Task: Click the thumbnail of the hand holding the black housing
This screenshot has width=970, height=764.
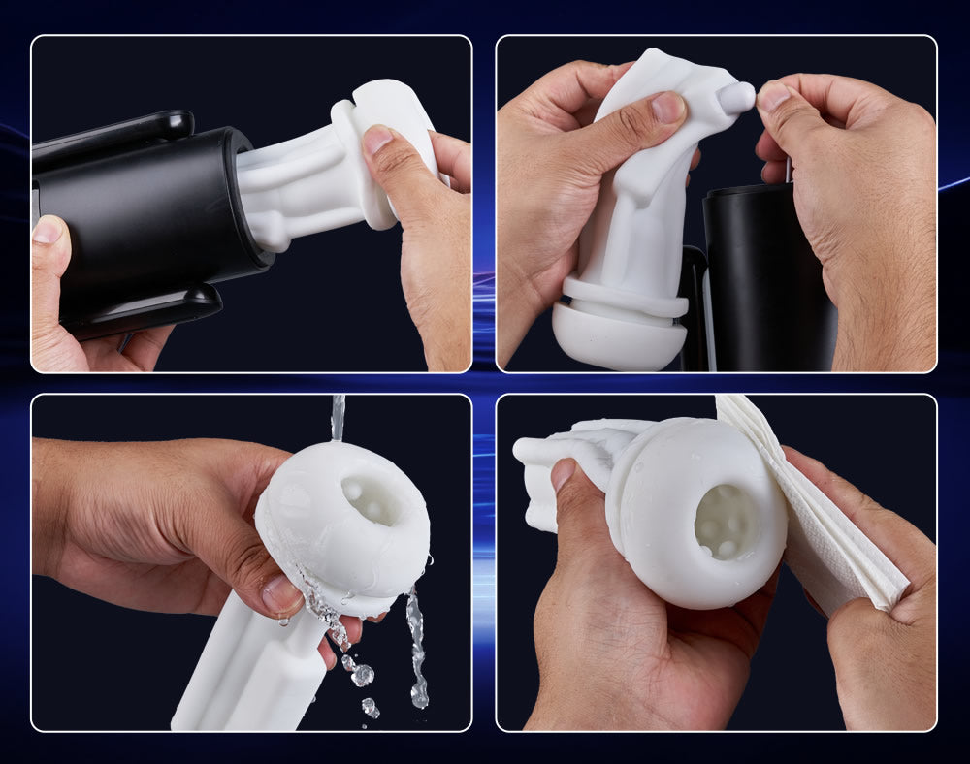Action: tap(45, 230)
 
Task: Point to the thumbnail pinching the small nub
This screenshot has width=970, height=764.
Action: tap(773, 96)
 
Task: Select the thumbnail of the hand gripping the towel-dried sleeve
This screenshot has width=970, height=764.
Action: tap(564, 474)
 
